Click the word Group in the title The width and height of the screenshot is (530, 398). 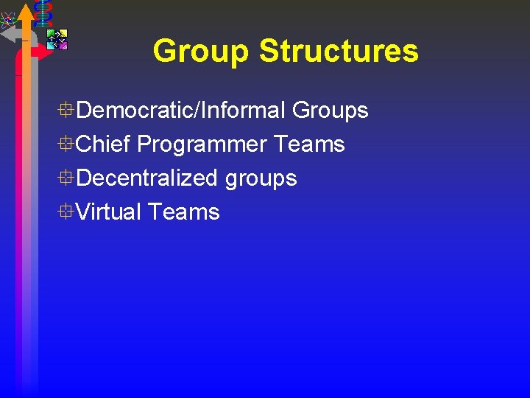click(x=201, y=52)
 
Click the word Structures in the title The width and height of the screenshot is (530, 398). click(x=339, y=52)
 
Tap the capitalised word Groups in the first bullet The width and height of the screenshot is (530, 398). click(x=330, y=111)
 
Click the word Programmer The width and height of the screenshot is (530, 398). click(x=202, y=144)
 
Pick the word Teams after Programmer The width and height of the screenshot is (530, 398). click(x=309, y=144)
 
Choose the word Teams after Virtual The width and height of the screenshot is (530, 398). click(x=183, y=212)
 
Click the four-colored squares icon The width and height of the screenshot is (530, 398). click(x=57, y=39)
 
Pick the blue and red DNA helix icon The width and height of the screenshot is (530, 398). click(x=43, y=13)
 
